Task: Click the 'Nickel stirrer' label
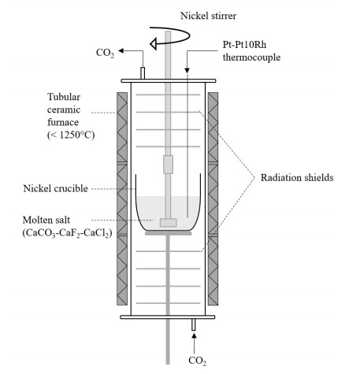tap(208, 16)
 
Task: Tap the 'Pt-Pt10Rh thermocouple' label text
tap(251, 51)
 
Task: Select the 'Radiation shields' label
tap(297, 178)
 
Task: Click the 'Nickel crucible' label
tap(55, 188)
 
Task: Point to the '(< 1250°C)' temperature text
tap(71, 135)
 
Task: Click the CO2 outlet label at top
tap(105, 53)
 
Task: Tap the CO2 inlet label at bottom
tap(198, 361)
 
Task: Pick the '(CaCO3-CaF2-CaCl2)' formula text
tap(68, 233)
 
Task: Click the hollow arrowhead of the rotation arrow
tap(154, 43)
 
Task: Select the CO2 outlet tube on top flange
tap(143, 73)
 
